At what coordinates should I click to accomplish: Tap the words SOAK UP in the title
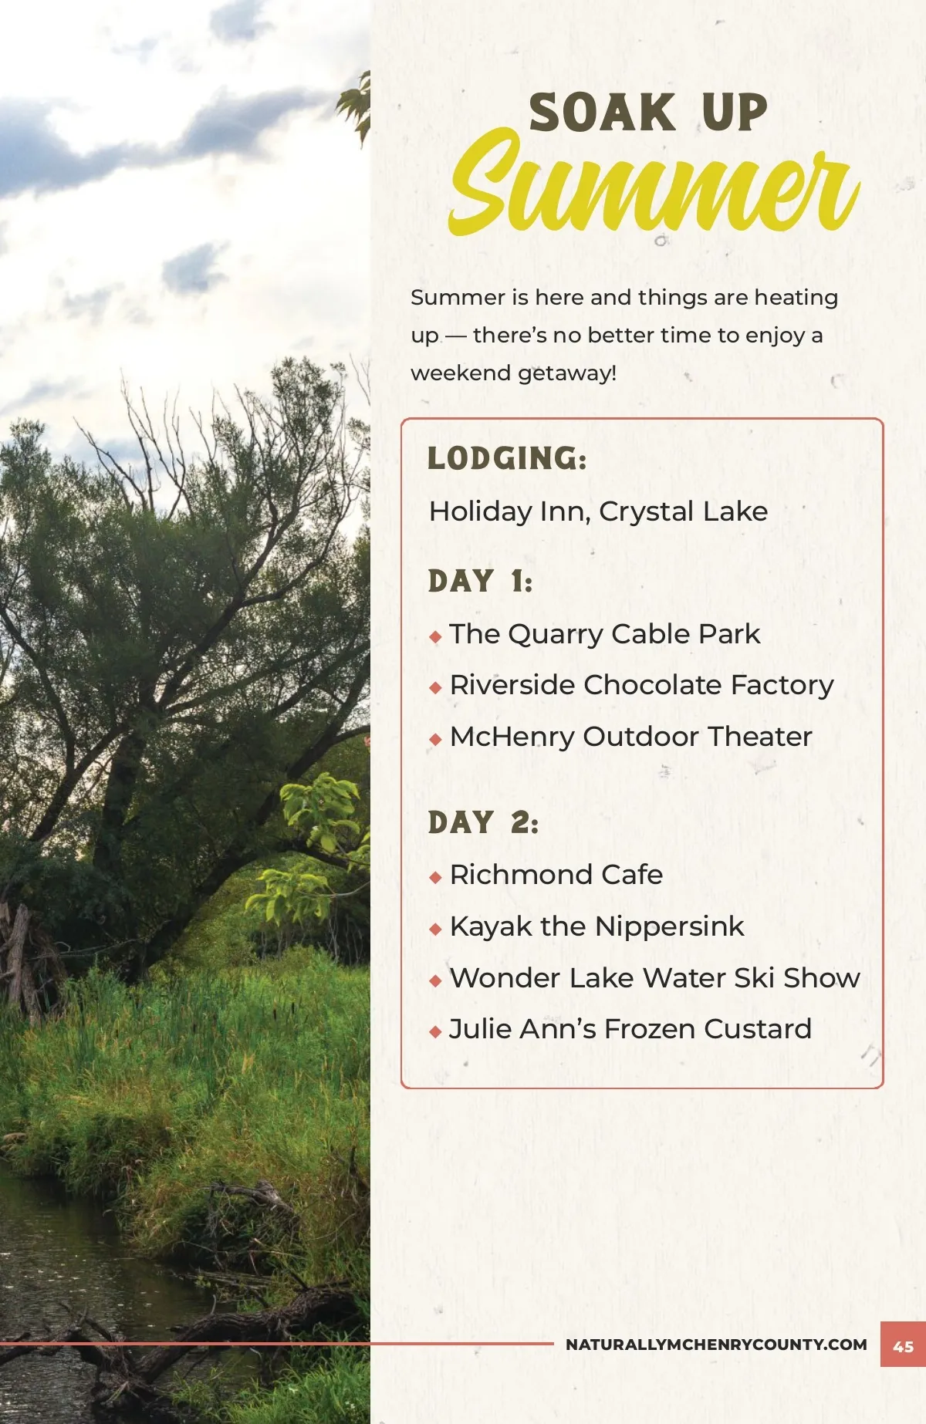click(648, 113)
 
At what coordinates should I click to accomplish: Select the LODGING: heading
click(507, 458)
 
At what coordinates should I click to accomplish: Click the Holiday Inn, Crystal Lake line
click(598, 511)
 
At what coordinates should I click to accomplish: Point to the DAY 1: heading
click(480, 581)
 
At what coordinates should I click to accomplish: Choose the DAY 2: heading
click(483, 822)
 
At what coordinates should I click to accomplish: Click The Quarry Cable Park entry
click(605, 634)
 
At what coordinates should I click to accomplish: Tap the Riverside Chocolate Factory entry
click(641, 685)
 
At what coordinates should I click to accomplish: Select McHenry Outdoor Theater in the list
click(630, 737)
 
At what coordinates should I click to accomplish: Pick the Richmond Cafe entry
click(556, 875)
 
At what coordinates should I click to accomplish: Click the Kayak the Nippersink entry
click(596, 926)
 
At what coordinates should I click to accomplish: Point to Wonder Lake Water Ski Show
click(654, 978)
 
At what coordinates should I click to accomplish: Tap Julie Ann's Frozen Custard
click(630, 1029)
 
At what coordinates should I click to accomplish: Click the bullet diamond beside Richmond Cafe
click(435, 877)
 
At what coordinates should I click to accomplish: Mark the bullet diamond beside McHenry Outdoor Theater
click(435, 739)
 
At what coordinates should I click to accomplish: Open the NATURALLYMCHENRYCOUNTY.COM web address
click(716, 1345)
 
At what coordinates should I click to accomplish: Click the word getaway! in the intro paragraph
click(567, 374)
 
